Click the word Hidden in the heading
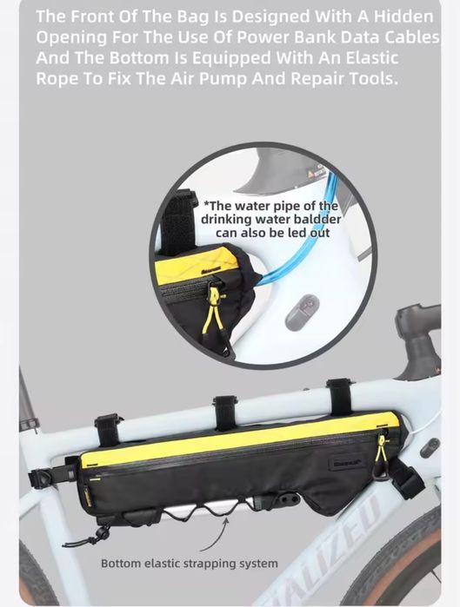pos(403,16)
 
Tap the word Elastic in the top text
pos(371,58)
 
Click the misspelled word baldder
pos(317,219)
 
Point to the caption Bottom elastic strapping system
pos(189,564)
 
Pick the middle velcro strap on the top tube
pos(224,412)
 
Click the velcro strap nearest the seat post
pos(107,431)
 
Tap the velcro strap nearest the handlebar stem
pos(339,398)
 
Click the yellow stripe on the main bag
pos(239,439)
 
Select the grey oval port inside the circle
pos(303,313)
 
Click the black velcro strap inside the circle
pos(179,221)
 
